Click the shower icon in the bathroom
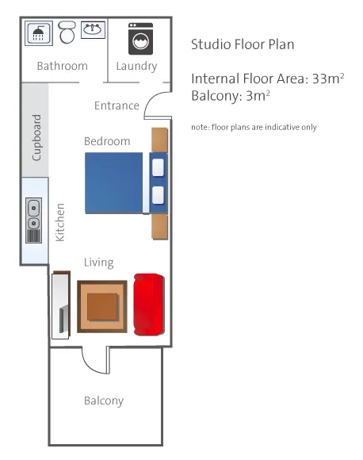pos(39,33)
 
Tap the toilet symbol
pos(67,32)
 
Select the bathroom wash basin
pos(93,29)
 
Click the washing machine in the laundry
pos(141,39)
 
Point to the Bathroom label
pos(63,66)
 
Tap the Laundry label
pos(136,67)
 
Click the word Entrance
pos(117,105)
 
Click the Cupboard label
pos(36,137)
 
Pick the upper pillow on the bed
pos(158,167)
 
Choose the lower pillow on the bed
pos(158,195)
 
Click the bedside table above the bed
pos(159,140)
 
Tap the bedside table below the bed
pos(160,227)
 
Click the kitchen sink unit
pos(34,220)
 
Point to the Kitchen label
pos(60,222)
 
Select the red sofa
pos(149,305)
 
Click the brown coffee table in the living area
pos(102,307)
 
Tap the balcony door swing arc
pos(92,364)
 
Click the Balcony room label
pos(104,401)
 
